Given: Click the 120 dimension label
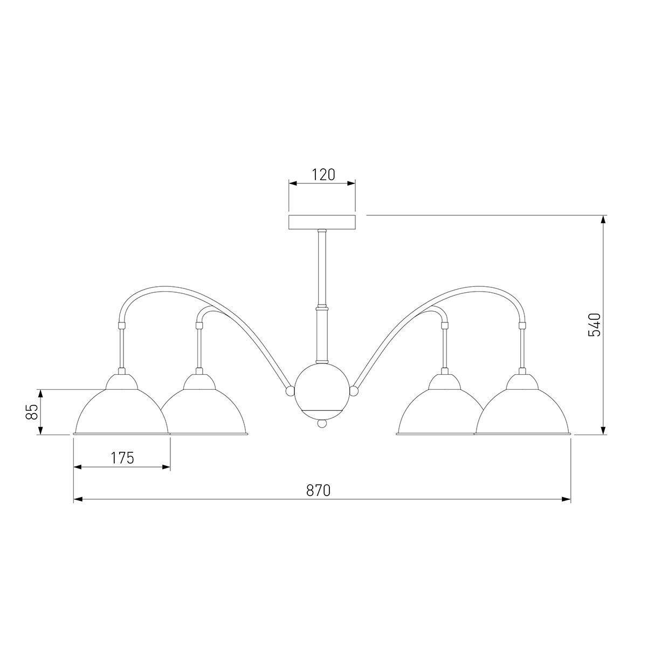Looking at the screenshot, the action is click(323, 175).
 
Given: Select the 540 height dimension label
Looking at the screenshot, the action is click(594, 325).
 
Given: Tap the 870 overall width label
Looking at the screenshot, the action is click(318, 491).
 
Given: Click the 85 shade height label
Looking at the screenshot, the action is click(32, 412).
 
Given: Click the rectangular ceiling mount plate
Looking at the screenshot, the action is click(322, 222).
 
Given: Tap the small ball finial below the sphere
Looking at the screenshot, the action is click(322, 423).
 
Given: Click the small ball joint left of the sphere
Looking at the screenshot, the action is click(290, 391).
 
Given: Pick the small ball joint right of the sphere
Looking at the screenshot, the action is click(354, 391).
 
